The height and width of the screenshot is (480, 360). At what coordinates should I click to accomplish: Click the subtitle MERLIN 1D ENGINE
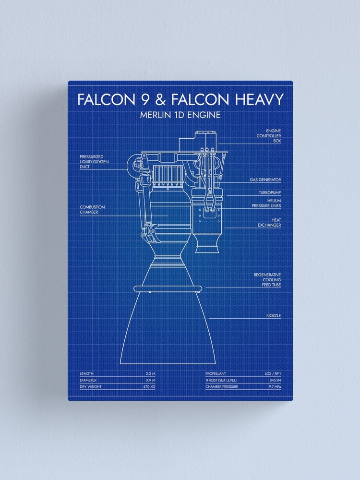coord(180,115)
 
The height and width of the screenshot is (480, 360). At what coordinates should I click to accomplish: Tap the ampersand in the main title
coord(160,99)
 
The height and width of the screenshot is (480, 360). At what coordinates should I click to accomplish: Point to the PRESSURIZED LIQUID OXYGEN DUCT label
coord(94,162)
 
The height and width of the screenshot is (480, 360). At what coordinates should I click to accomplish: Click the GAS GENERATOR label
coord(265,180)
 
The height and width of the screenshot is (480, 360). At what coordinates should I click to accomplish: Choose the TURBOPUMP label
coord(270,192)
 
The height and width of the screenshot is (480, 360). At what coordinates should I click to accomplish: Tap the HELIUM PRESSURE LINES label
coord(266,203)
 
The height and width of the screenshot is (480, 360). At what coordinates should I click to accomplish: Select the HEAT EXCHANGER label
coord(269,223)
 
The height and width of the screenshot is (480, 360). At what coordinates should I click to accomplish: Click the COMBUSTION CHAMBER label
coord(92,210)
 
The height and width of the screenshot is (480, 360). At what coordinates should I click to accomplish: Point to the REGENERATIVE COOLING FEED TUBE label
coord(267,280)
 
